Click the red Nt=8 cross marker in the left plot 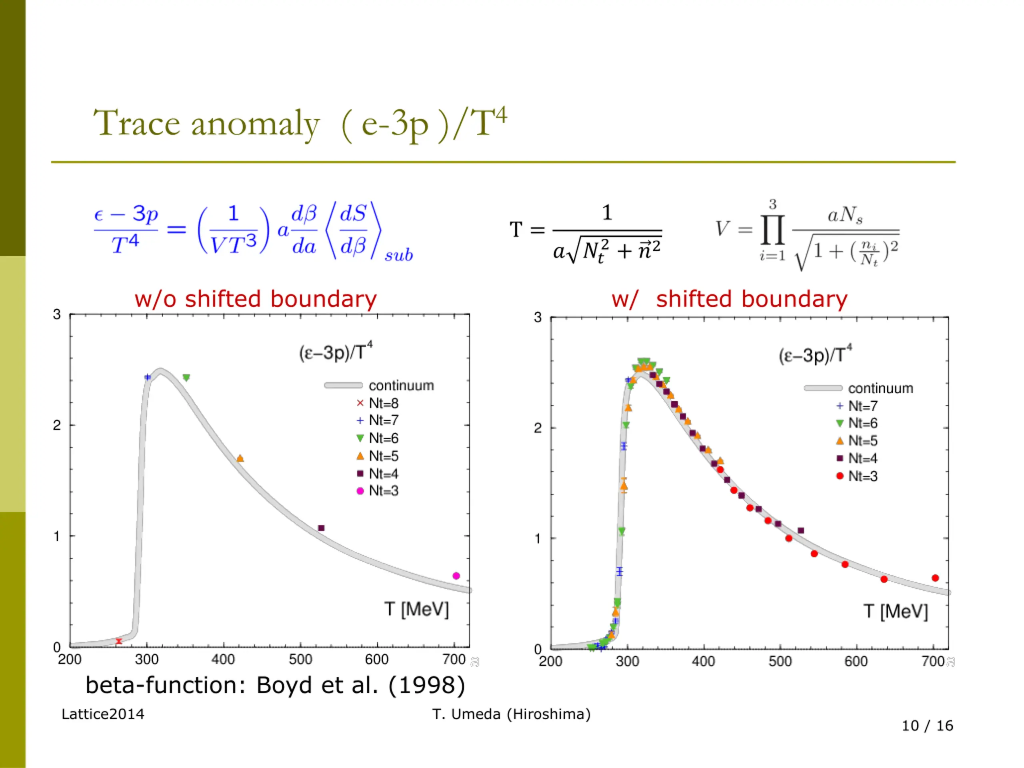point(119,641)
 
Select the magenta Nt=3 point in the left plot point(456,576)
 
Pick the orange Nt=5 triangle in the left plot point(240,459)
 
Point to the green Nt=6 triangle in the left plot point(186,378)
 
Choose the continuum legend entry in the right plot point(859,388)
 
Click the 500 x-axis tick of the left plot point(300,659)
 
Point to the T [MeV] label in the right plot point(895,612)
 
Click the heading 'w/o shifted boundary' point(256,299)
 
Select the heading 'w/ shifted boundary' point(729,299)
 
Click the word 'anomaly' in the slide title point(255,124)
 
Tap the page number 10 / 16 point(927,726)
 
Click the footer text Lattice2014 point(103,714)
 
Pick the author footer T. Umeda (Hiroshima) point(511,714)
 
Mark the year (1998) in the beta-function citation point(426,686)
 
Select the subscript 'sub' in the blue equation point(398,256)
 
